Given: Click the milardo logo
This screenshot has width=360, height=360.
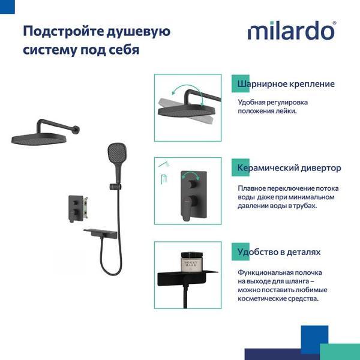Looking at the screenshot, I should [291, 30].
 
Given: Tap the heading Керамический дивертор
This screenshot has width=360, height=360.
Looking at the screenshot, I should [289, 168].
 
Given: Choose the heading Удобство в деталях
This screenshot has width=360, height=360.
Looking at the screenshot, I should [279, 253].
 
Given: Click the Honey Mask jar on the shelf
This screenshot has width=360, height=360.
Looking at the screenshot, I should [191, 261].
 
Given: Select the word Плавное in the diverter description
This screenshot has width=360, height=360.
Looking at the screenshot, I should [252, 187].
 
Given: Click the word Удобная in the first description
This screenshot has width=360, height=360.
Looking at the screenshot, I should [252, 103].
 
